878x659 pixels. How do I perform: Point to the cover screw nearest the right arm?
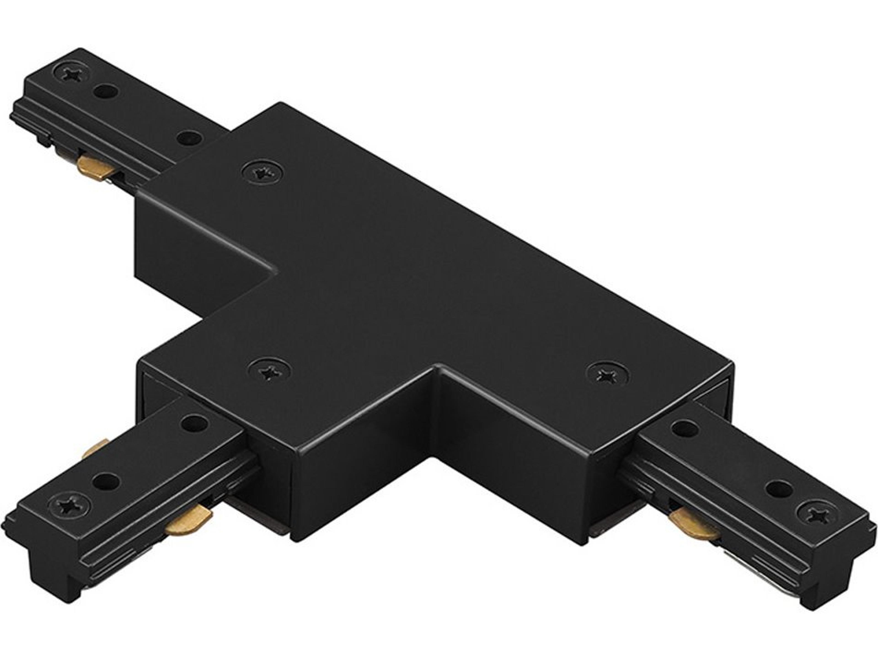pyautogui.click(x=607, y=375)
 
